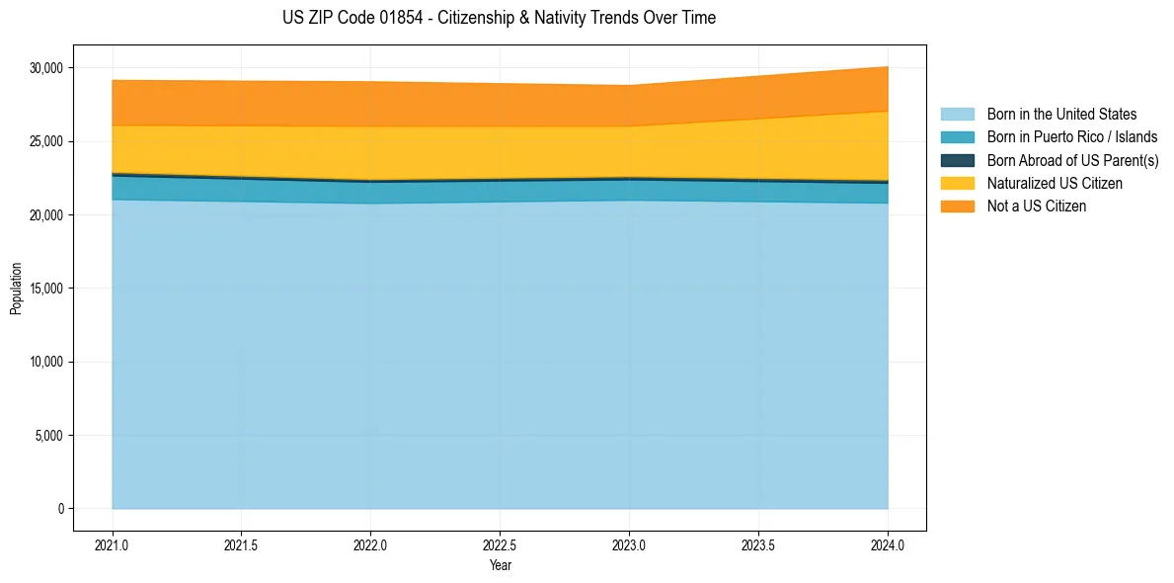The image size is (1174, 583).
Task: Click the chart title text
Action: point(499,18)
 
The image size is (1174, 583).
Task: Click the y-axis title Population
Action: point(16,289)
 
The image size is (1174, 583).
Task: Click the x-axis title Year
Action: point(500,565)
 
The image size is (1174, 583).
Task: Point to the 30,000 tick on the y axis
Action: point(45,68)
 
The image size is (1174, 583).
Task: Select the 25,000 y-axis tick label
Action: point(45,141)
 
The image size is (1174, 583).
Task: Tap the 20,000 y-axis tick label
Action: point(45,215)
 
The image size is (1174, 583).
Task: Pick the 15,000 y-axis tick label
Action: point(45,289)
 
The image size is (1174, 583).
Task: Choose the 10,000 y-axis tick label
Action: point(45,362)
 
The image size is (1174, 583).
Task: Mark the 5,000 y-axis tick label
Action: point(48,436)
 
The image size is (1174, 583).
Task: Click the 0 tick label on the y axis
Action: point(60,509)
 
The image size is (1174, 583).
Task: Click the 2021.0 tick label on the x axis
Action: point(113,543)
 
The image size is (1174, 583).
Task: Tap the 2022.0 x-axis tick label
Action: point(370,543)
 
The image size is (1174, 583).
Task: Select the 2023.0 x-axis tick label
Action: point(629,543)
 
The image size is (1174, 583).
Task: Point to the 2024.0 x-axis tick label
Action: point(888,543)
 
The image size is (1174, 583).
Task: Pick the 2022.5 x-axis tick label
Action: point(500,543)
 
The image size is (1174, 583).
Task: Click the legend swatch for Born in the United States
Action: point(957,115)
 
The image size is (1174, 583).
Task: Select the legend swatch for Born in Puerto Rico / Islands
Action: point(957,137)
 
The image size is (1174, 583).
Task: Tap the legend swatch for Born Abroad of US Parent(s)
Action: point(957,160)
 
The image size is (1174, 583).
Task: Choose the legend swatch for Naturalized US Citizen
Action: point(957,184)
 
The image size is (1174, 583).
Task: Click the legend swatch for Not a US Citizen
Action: point(957,207)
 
